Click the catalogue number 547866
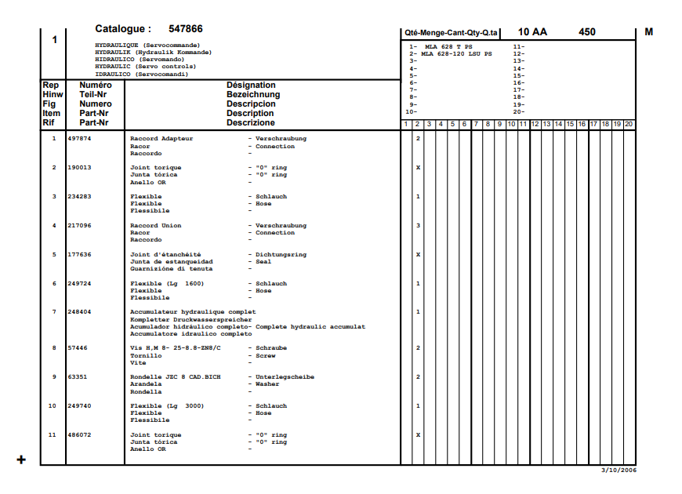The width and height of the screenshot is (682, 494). (x=186, y=29)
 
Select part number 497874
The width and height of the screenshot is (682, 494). (x=79, y=139)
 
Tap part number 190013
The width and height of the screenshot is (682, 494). (x=79, y=168)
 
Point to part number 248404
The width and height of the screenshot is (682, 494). (x=79, y=312)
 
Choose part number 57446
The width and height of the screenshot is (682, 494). (x=77, y=348)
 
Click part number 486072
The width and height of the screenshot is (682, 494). (x=79, y=435)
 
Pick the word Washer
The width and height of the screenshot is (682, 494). (x=267, y=384)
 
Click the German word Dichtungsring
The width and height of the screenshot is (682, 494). (x=281, y=255)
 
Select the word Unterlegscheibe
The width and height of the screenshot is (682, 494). (x=285, y=377)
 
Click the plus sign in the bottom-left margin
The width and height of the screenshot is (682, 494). (x=21, y=459)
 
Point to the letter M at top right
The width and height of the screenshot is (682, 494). (x=648, y=32)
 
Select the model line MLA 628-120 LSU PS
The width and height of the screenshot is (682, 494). (x=457, y=54)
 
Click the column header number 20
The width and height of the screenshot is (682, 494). (x=629, y=124)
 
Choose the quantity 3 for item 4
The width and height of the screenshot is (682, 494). (x=418, y=226)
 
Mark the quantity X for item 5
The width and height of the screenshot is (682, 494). (x=418, y=255)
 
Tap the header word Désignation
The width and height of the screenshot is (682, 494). (x=251, y=85)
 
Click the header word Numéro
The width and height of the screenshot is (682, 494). (x=96, y=85)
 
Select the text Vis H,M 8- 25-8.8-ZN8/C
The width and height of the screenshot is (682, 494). (x=176, y=348)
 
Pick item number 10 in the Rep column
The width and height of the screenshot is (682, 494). (x=53, y=406)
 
